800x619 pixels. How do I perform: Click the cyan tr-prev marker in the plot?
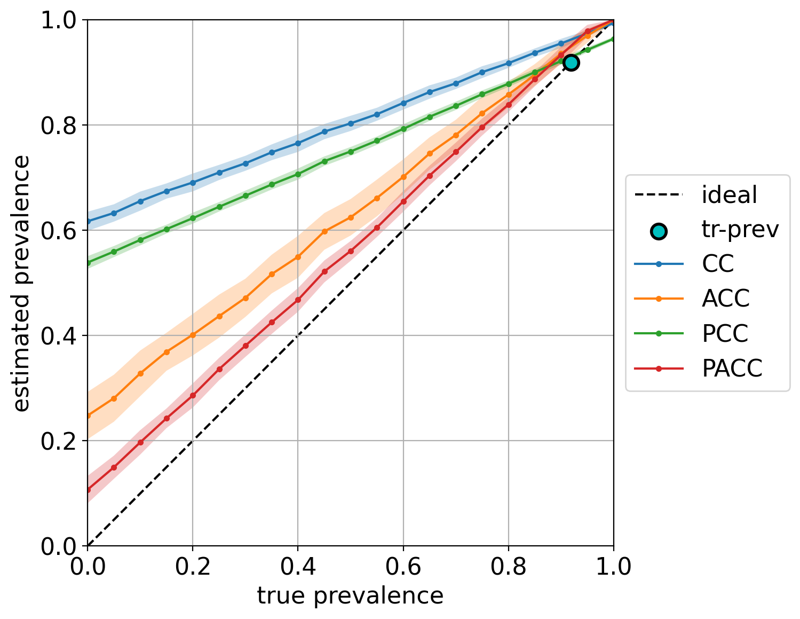571,62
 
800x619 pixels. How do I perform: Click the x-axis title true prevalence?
350,596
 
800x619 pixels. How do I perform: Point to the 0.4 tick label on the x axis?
298,566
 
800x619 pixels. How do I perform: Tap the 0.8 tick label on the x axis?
508,566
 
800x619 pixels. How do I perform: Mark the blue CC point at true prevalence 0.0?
88,221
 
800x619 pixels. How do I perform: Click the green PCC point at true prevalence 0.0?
88,263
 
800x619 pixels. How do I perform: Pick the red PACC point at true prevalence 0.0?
88,490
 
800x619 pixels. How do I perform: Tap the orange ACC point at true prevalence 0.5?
351,217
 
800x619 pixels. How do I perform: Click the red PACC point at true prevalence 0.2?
193,396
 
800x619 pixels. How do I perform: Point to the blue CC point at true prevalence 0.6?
403,103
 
